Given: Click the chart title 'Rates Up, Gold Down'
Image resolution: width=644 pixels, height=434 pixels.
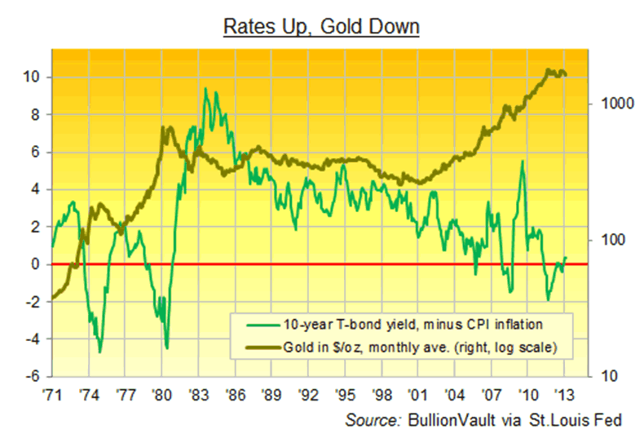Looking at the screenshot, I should (x=322, y=27).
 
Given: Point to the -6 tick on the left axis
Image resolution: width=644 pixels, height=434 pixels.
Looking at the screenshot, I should (x=29, y=376).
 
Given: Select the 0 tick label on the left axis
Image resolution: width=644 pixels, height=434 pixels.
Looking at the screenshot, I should (x=34, y=264).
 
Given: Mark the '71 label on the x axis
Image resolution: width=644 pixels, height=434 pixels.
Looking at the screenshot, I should (x=51, y=393).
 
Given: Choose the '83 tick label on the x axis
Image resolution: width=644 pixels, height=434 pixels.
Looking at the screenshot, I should (x=198, y=393).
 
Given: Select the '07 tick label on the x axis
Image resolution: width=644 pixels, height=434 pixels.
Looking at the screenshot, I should (x=492, y=393).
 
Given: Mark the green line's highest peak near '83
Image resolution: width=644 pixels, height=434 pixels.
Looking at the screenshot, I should (x=205, y=89).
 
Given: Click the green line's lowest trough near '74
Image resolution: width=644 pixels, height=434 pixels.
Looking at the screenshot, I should (x=99, y=352).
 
